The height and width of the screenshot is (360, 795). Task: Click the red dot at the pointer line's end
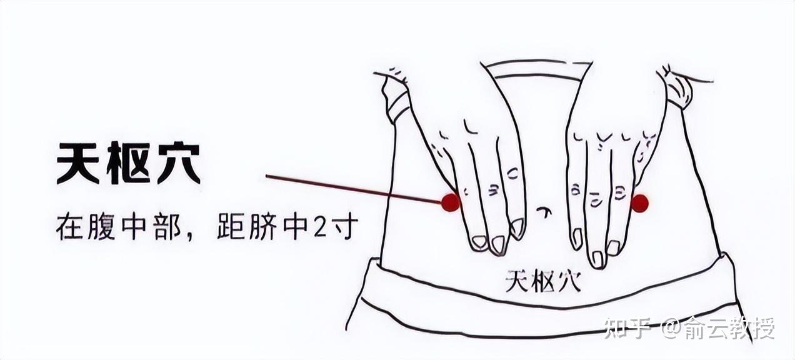click(451, 202)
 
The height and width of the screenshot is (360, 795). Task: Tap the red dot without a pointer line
click(639, 203)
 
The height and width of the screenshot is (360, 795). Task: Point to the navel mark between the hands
click(544, 212)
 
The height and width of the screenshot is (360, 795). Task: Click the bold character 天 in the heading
click(78, 164)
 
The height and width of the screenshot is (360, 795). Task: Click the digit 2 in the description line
click(320, 227)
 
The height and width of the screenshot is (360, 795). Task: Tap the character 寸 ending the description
click(342, 227)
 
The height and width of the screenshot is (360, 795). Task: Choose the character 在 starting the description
click(69, 227)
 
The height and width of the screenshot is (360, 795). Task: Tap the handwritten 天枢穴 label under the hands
click(543, 281)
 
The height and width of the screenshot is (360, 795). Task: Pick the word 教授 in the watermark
click(752, 328)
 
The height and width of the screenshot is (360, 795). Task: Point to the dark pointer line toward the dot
click(354, 189)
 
